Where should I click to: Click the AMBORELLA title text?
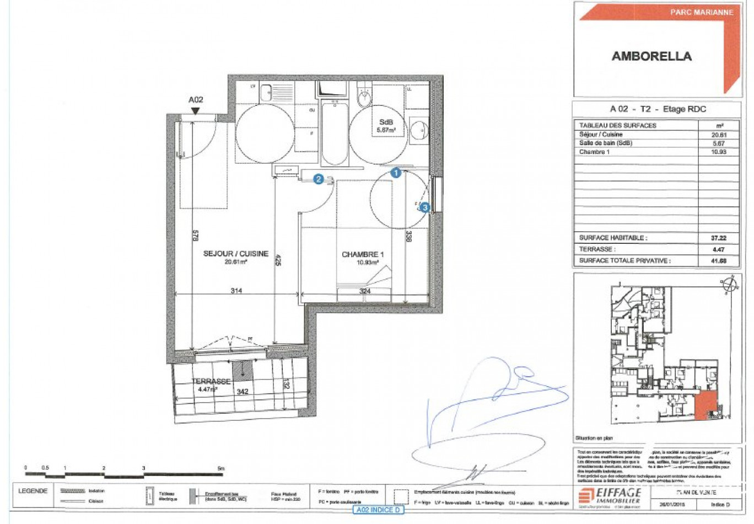651,56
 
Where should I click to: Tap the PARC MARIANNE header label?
702,12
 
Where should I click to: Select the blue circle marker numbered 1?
396,173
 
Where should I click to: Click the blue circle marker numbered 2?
318,179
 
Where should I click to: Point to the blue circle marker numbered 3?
424,207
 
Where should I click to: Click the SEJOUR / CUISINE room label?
236,254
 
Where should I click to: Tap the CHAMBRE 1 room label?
362,254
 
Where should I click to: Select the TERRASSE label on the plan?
211,381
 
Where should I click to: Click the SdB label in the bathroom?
385,122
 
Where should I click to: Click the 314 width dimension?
236,291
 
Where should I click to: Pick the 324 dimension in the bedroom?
365,291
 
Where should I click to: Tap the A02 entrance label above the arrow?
196,100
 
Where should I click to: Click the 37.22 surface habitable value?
718,238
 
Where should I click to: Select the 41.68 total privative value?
718,260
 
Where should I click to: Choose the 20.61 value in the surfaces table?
719,135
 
